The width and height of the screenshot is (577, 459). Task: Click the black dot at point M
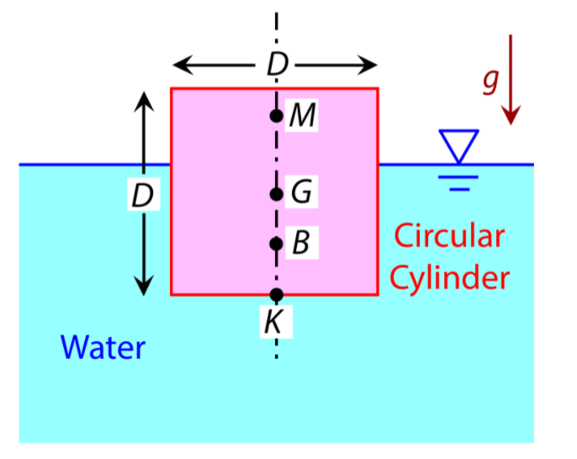tap(275, 116)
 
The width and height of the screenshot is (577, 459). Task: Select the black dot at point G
tap(275, 194)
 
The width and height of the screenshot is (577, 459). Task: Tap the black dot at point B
tap(275, 245)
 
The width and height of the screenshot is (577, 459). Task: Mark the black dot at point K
tap(275, 294)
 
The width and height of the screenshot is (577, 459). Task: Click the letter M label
tap(301, 117)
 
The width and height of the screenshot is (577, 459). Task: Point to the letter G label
tap(301, 194)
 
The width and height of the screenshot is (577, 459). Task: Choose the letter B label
tap(300, 245)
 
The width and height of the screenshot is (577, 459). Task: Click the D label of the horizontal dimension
tap(275, 65)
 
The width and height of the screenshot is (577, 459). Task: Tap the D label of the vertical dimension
tap(144, 197)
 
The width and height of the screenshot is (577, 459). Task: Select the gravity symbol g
tap(490, 80)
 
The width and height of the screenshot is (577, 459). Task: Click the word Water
tap(103, 346)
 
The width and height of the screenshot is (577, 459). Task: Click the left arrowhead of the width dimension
tap(182, 65)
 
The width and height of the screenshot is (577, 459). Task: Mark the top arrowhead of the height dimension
tap(145, 100)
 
